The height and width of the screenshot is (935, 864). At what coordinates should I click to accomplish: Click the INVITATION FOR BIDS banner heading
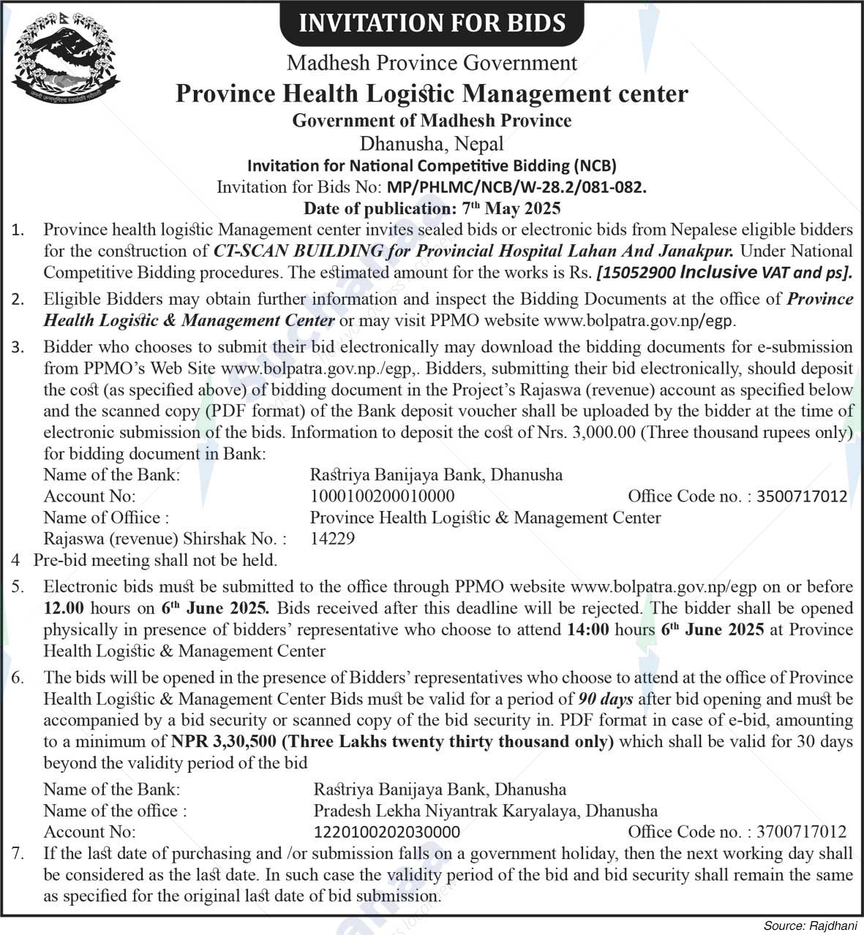(x=432, y=23)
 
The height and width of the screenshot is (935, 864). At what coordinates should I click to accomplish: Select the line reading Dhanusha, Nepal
(x=432, y=143)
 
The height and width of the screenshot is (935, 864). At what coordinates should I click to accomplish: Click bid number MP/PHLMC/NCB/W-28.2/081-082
(x=516, y=187)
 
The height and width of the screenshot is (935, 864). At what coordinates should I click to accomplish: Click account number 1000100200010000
(x=382, y=496)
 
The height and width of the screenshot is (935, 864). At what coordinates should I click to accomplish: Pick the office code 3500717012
(x=802, y=496)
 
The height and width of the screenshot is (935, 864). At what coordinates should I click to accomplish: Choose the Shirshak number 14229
(x=333, y=539)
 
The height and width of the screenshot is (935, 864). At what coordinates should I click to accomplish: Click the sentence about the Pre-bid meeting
(x=155, y=560)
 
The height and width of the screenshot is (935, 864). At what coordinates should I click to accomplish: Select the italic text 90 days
(x=606, y=700)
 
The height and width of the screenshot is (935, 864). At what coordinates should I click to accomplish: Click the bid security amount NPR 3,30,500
(x=224, y=742)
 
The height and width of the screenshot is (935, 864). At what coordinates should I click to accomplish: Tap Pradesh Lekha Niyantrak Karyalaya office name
(x=485, y=811)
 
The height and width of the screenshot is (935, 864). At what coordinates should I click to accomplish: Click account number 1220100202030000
(x=387, y=832)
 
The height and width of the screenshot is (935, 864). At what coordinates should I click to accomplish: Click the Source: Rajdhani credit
(x=809, y=925)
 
